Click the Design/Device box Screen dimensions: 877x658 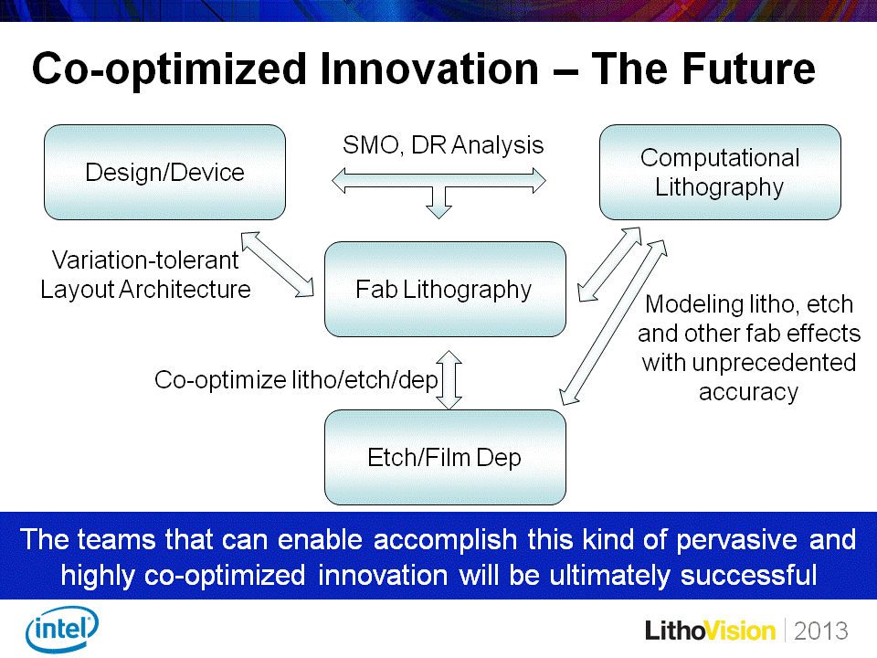[165, 173]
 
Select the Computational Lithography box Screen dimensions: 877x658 [720, 173]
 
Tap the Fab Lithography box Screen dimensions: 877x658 [445, 290]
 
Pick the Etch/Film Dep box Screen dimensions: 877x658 [445, 458]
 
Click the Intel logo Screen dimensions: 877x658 [61, 630]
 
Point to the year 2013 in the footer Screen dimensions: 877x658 [821, 631]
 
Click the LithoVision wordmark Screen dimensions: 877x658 [711, 631]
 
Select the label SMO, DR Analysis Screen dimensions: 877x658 [443, 145]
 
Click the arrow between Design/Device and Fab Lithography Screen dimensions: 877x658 [278, 264]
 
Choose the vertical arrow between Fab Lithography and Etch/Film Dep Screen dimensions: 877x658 [449, 380]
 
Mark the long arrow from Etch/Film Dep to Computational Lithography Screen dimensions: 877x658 [614, 323]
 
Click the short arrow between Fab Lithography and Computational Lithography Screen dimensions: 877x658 [609, 264]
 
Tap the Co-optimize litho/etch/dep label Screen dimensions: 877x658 [296, 380]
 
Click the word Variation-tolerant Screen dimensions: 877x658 [145, 260]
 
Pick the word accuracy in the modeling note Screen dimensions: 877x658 [748, 393]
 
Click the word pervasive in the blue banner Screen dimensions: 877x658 [736, 540]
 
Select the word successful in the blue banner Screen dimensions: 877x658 [748, 575]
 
